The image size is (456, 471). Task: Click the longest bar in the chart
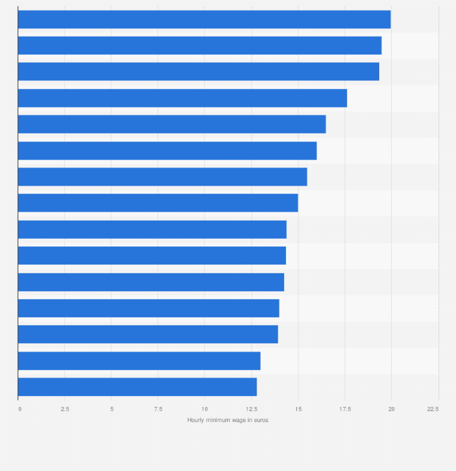click(204, 19)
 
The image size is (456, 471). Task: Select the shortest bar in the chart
click(137, 387)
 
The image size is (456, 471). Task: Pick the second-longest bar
click(200, 45)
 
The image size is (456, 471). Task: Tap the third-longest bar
click(198, 71)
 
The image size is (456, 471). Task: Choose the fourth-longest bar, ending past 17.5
click(183, 98)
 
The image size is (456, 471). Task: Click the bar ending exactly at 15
click(158, 203)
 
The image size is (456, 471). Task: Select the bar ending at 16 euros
click(168, 151)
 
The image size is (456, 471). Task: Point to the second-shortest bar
click(139, 361)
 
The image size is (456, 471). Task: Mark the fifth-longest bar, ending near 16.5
click(172, 124)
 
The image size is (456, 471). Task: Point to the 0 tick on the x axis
click(19, 409)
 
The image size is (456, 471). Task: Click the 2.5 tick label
click(65, 409)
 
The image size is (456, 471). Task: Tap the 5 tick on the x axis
click(111, 409)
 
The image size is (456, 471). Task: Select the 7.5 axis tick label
click(158, 409)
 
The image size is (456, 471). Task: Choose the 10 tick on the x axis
click(204, 409)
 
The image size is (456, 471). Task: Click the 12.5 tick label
click(251, 409)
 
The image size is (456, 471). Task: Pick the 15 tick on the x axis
click(298, 409)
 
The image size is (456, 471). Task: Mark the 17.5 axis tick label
click(345, 409)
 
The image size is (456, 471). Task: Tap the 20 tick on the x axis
click(391, 409)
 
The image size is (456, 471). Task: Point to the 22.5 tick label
click(433, 409)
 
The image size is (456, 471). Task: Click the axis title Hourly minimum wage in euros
click(227, 420)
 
